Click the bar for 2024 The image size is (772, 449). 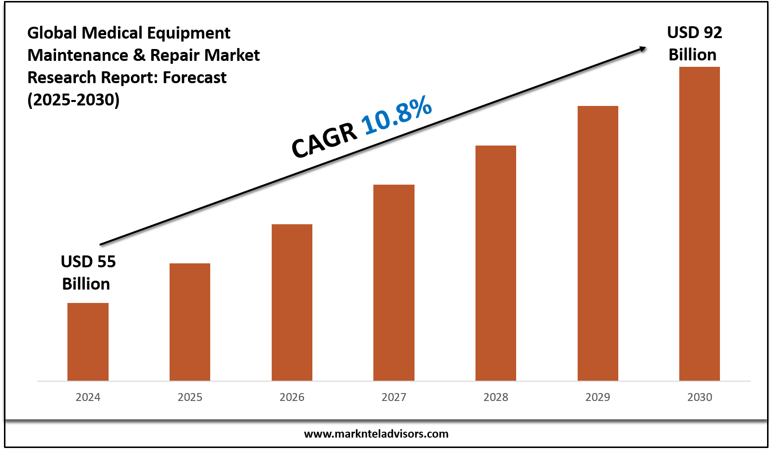click(88, 342)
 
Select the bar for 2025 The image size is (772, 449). click(190, 322)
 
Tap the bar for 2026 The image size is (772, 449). click(292, 302)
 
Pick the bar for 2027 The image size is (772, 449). click(394, 282)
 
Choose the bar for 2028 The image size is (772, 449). click(496, 262)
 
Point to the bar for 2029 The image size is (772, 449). click(598, 243)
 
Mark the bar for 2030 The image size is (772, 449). click(700, 223)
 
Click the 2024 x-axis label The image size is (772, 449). click(88, 397)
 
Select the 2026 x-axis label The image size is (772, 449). click(292, 397)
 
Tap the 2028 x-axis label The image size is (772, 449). click(496, 397)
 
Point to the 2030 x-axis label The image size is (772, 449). click(700, 397)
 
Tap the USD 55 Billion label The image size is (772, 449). click(88, 272)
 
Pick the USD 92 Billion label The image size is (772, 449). click(694, 44)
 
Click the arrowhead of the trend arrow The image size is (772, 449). click(643, 48)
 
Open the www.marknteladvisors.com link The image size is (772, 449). click(376, 434)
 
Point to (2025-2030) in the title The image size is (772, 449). click(73, 100)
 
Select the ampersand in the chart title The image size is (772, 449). click(138, 55)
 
